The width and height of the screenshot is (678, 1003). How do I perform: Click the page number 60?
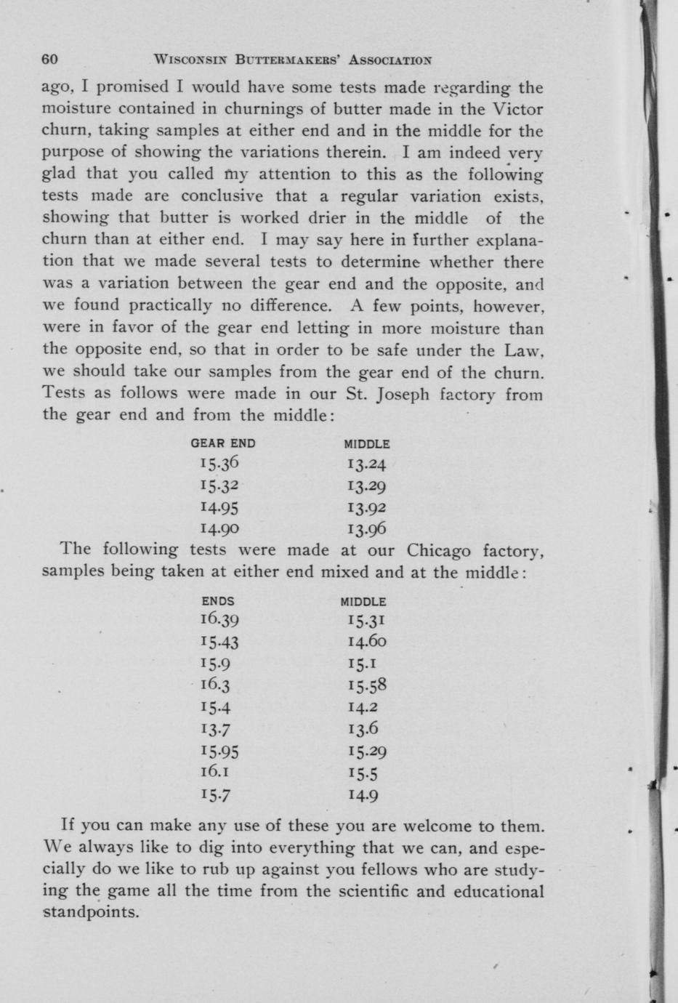(x=50, y=59)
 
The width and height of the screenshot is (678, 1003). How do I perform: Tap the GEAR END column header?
(x=223, y=443)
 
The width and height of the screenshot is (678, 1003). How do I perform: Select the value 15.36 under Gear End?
(x=219, y=464)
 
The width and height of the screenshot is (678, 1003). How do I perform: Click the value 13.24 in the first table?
(x=367, y=464)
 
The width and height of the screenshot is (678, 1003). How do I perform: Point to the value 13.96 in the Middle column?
(x=367, y=529)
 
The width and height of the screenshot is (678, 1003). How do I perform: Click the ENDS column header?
(x=218, y=602)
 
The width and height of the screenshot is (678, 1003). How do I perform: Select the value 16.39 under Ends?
(x=219, y=620)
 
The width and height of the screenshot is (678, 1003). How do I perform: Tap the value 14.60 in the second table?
(x=367, y=642)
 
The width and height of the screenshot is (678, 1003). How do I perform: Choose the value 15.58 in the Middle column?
(x=367, y=685)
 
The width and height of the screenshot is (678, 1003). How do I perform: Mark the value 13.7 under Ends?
(x=215, y=729)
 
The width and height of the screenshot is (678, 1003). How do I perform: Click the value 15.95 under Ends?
(x=219, y=752)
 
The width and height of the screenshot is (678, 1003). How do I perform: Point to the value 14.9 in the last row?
(x=363, y=795)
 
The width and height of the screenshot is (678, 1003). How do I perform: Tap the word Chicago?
(x=439, y=549)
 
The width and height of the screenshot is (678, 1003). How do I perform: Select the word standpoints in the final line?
(x=90, y=911)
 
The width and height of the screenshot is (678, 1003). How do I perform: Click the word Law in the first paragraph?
(x=524, y=350)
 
